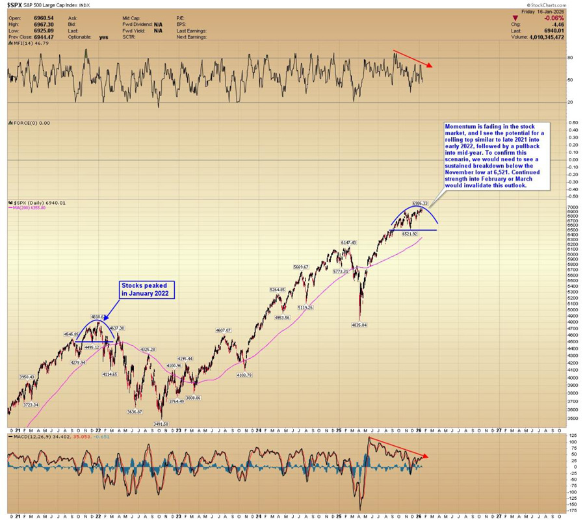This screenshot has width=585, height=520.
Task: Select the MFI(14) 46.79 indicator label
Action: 23,43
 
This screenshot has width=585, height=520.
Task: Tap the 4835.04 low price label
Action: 359,324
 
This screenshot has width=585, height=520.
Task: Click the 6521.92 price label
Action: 408,233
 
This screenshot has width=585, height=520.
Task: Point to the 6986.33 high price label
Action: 421,203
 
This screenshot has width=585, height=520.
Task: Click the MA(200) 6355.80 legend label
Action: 29,208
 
